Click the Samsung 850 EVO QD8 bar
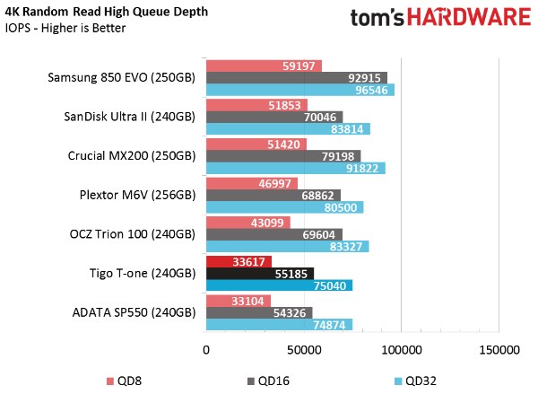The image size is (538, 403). [264, 66]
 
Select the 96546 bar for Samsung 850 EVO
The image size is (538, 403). [300, 90]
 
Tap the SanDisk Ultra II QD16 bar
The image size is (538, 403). [274, 118]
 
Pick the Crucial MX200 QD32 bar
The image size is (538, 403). [296, 169]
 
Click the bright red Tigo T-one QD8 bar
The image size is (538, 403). [239, 262]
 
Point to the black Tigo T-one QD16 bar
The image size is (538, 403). [260, 274]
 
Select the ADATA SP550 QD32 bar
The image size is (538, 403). [279, 325]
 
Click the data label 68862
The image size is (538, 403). [317, 196]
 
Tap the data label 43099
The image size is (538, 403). [267, 223]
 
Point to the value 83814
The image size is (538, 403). [347, 129]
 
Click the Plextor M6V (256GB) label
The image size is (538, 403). [137, 195]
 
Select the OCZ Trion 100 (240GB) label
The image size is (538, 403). [133, 234]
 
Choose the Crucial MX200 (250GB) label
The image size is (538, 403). [132, 156]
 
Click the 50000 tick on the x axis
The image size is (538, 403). [304, 350]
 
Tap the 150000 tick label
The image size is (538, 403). [499, 350]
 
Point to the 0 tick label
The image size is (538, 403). [206, 350]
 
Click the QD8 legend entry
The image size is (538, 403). [125, 381]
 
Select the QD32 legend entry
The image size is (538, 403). [415, 381]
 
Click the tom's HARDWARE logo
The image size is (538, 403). [440, 18]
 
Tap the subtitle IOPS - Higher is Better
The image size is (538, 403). [65, 28]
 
